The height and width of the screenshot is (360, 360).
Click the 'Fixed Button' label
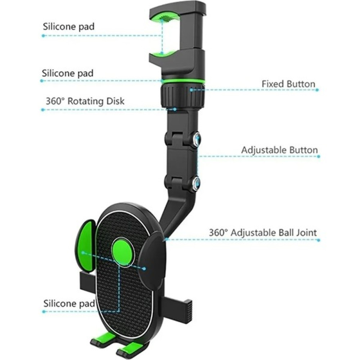pos(288,84)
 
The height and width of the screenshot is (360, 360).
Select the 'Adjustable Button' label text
pos(279,150)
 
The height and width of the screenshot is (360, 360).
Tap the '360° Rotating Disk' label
pos(85,101)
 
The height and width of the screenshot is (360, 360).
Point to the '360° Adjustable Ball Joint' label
pos(263,233)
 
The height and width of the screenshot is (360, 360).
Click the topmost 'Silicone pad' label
pos(69,27)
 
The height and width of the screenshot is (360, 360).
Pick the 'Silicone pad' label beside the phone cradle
pos(69,303)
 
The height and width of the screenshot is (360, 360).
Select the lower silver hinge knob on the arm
pos(196,183)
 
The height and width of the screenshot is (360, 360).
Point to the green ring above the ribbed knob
pos(183,81)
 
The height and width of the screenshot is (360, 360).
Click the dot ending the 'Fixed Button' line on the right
pos(317,90)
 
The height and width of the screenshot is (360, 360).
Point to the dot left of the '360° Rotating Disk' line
pos(43,110)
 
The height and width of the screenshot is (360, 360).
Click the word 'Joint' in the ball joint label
pos(306,233)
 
